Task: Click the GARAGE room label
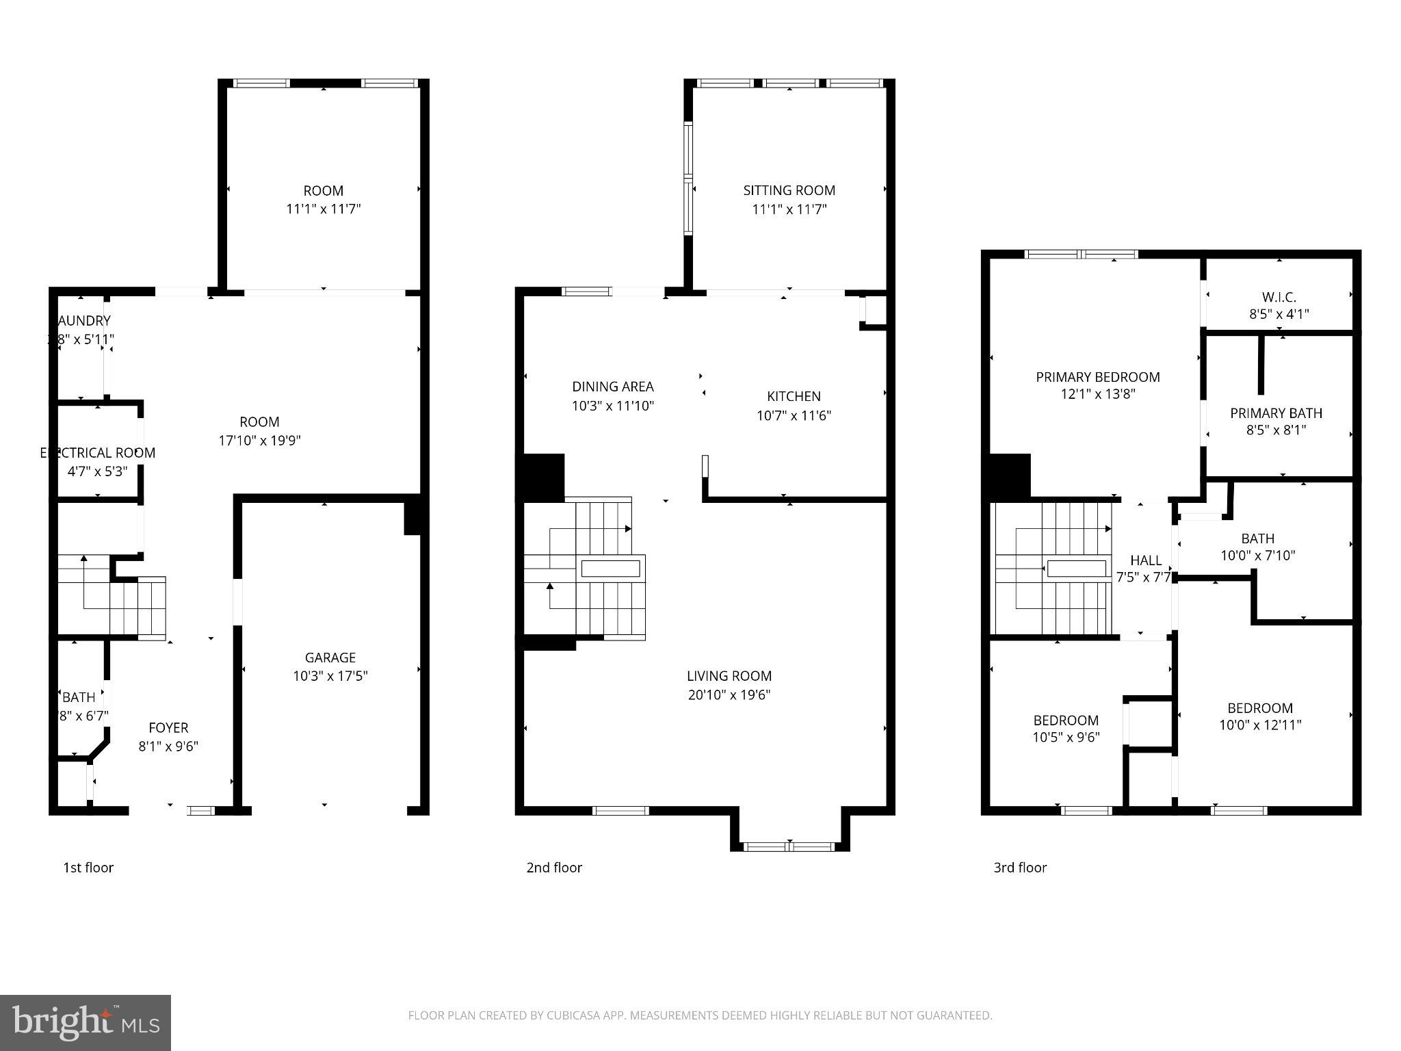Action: coord(330,658)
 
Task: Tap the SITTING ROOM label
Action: coord(789,190)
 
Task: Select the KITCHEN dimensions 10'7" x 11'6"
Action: coord(794,415)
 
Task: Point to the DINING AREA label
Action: coord(612,387)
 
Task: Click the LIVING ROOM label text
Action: coord(729,676)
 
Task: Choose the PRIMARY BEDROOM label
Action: coord(1097,377)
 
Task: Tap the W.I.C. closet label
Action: coord(1279,297)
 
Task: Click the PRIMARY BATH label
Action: coord(1276,413)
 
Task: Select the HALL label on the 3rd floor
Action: coord(1145,560)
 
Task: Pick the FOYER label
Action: coord(168,728)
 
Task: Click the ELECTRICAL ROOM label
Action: coord(98,453)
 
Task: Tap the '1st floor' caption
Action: coord(88,868)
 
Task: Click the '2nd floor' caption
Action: coord(554,868)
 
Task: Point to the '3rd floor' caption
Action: coord(1020,868)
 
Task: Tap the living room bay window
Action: coord(789,846)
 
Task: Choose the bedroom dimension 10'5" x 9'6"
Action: coord(1066,737)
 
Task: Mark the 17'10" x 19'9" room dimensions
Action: coord(259,441)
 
